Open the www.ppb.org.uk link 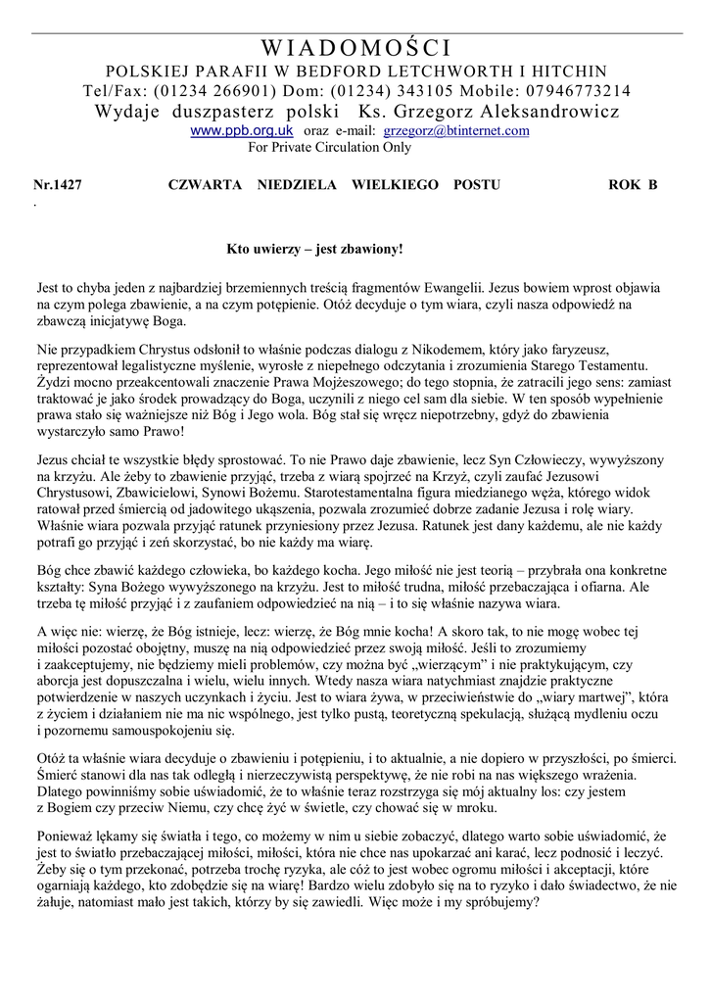241,130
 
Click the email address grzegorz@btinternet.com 456,130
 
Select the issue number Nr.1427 58,184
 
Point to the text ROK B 633,184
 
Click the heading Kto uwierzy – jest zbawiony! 314,250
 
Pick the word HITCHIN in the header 569,72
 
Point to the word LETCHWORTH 461,72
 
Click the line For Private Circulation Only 329,148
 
